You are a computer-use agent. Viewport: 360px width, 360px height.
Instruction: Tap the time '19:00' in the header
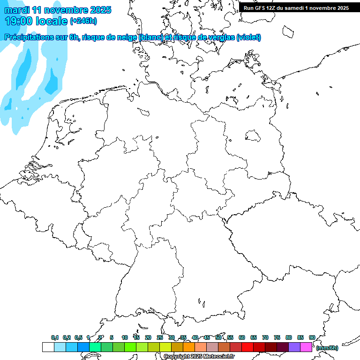pos(19,21)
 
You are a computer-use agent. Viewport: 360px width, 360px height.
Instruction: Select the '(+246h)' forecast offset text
pos(83,21)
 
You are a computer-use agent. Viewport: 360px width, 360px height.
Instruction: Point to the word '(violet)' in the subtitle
pos(249,37)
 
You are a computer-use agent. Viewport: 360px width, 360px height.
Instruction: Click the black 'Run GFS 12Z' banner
pos(296,7)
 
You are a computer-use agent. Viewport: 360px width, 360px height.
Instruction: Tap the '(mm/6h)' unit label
pos(327,348)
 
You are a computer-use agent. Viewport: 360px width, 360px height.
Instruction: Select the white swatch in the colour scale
pos(48,347)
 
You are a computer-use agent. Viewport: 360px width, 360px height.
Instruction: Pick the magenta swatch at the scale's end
pos(306,347)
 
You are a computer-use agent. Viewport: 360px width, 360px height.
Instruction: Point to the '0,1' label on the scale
pos(55,337)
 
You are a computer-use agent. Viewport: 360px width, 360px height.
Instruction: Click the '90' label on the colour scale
pos(312,337)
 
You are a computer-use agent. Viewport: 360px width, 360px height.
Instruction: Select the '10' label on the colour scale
pos(124,337)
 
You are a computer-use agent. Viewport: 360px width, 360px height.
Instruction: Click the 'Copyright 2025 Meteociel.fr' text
pos(199,356)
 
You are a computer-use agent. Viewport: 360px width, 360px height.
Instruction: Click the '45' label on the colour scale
pos(207,337)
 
